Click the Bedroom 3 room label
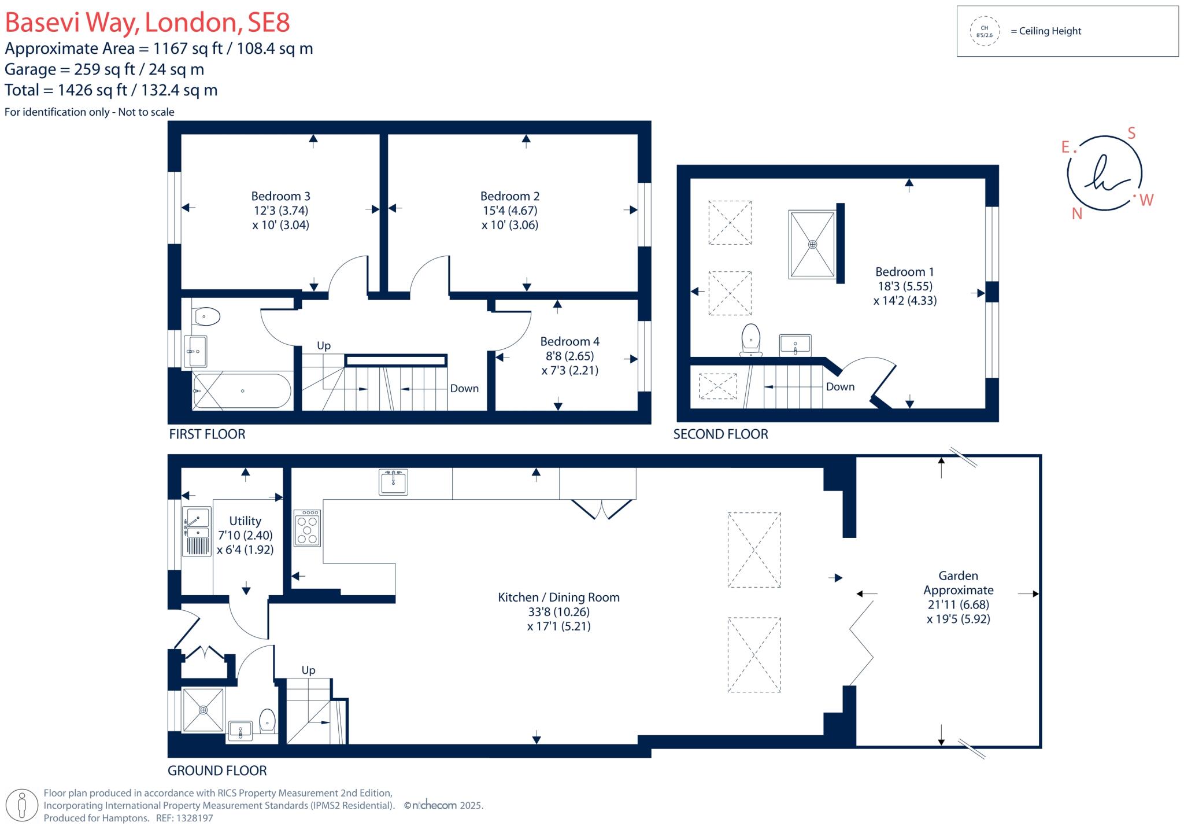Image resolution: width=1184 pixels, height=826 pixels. point(280,196)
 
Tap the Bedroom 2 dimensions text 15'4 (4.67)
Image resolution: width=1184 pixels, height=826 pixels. point(509,211)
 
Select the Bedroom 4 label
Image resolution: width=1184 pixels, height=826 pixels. point(569,341)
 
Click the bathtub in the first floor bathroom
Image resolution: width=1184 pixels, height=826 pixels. point(242,391)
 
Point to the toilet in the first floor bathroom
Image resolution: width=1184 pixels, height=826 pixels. point(207,316)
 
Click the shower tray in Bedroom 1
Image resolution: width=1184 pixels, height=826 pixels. point(812,244)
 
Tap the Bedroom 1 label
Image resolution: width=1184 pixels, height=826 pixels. point(904,271)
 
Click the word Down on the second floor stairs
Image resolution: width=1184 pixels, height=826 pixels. point(839,386)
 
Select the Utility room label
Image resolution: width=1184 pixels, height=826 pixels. point(245,521)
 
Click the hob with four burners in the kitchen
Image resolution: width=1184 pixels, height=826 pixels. point(307,528)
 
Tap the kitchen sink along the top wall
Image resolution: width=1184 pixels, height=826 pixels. point(393,482)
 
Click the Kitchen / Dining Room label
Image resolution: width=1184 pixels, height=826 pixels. point(558,597)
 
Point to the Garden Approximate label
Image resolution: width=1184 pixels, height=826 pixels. point(958,582)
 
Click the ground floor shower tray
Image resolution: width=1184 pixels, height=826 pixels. point(203,709)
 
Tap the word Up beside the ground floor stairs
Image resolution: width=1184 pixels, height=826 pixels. point(308,670)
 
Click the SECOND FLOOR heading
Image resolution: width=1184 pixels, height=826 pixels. point(720,434)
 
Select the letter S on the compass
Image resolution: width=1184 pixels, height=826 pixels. point(1131,133)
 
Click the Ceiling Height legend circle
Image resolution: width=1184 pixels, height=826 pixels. point(984,31)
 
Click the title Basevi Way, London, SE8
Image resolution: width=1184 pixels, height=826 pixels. point(147,23)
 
